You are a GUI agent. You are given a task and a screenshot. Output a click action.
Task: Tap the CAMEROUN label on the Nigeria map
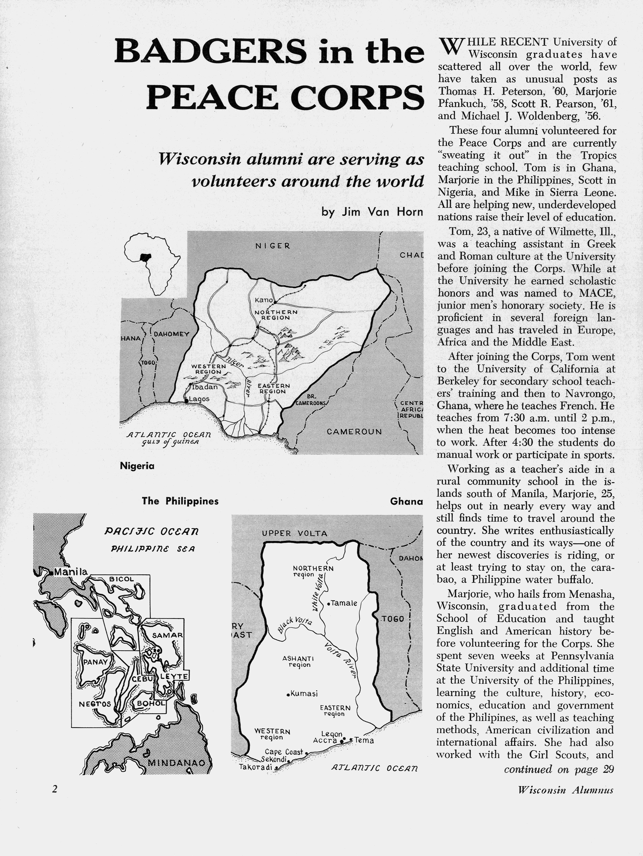click(354, 431)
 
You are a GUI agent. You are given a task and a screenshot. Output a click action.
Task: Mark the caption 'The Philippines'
click(180, 501)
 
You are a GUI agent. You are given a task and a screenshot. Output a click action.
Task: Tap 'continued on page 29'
click(559, 770)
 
